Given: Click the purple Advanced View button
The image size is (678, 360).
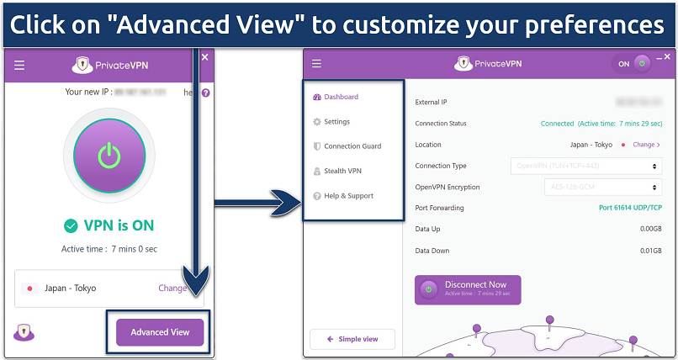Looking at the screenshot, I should [x=160, y=331].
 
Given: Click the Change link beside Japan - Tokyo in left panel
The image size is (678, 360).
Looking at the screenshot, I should [x=173, y=288].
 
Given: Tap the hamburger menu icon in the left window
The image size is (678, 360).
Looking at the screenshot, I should [x=19, y=65].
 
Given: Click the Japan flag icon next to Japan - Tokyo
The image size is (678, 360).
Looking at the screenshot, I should [x=30, y=288].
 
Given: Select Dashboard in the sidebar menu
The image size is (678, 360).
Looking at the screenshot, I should [x=341, y=97].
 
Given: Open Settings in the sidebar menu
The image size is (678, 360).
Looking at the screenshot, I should [x=336, y=122].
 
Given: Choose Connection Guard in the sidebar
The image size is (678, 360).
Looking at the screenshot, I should [x=352, y=146].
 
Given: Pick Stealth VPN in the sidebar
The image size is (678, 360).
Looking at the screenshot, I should [x=342, y=171].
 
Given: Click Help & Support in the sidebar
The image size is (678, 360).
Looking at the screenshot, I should [x=348, y=196].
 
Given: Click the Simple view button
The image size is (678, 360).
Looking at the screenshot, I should [x=352, y=339].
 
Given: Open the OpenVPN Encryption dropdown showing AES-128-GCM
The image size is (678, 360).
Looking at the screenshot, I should [x=585, y=187].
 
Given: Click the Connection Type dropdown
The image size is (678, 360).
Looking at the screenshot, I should [x=585, y=166].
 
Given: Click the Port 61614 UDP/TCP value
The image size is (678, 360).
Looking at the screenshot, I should [x=628, y=208].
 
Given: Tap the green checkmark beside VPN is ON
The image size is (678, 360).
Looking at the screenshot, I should [x=71, y=225].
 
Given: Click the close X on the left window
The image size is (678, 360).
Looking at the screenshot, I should [x=204, y=57].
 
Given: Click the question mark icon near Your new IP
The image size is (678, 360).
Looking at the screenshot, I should [x=206, y=93].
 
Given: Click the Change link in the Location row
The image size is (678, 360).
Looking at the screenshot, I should [x=646, y=145].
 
